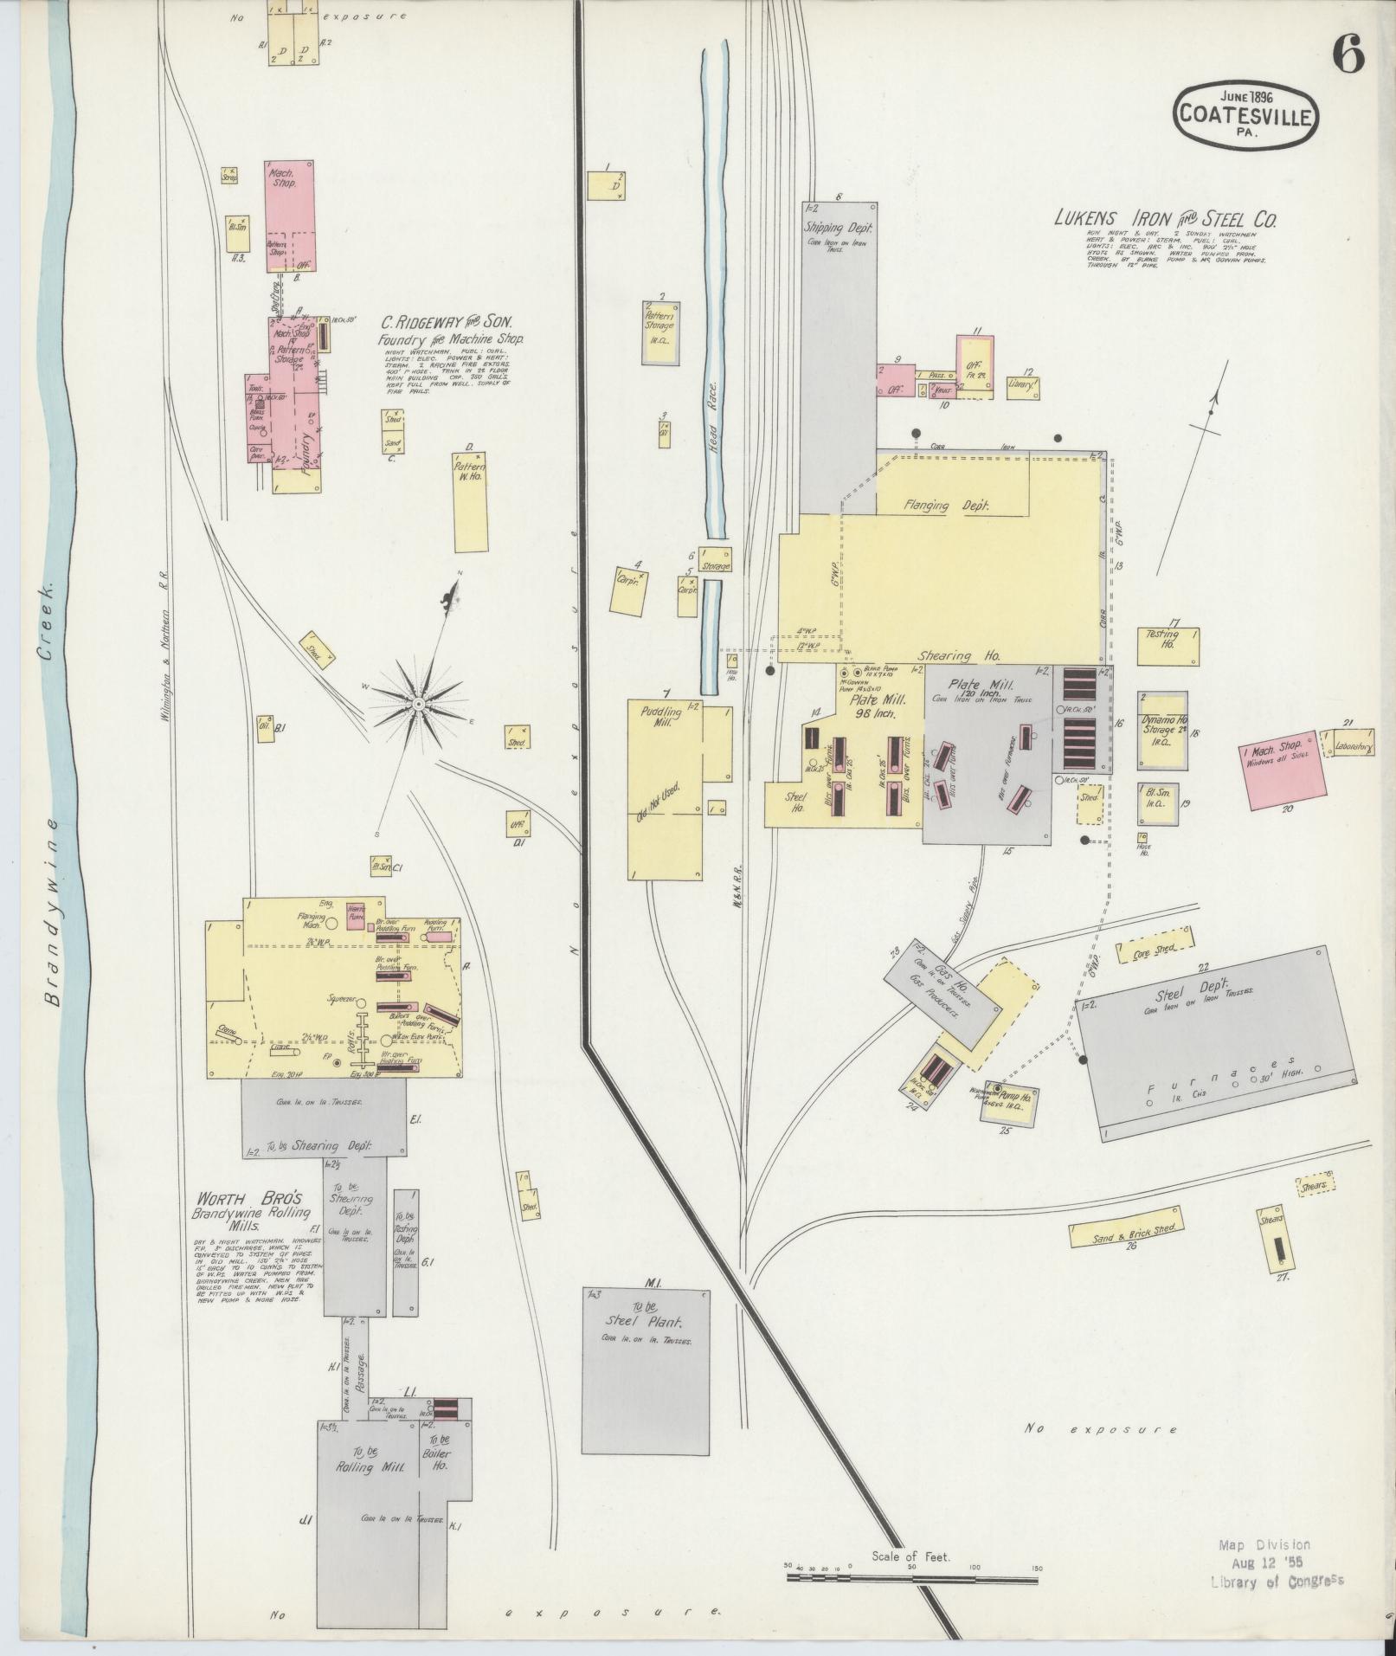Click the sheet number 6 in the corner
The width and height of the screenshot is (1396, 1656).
tap(1348, 57)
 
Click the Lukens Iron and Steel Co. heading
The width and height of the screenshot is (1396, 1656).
tap(1165, 218)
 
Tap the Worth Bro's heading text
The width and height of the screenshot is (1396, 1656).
tap(248, 1199)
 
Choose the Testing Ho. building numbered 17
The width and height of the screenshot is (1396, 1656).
tap(1169, 646)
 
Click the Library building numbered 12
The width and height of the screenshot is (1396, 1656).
tap(1022, 384)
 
